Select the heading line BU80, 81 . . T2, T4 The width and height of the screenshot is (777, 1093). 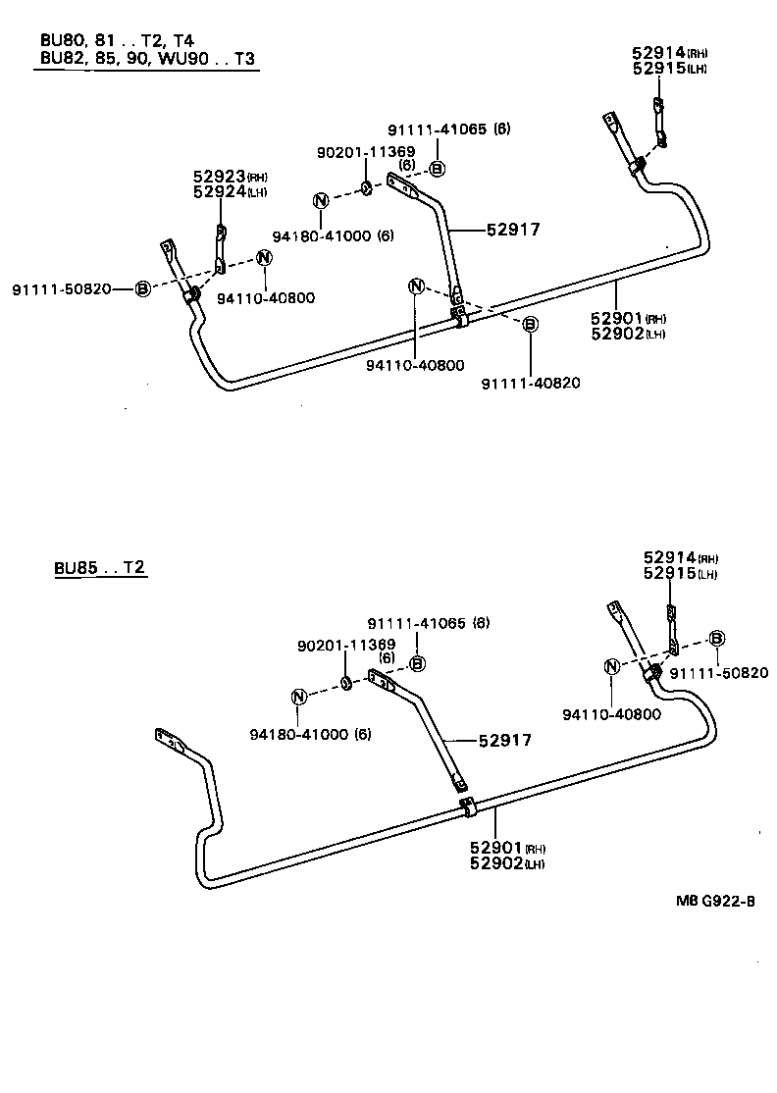click(x=117, y=40)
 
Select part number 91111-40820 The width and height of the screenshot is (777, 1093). click(x=531, y=383)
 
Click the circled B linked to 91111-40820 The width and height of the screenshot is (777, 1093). click(x=530, y=324)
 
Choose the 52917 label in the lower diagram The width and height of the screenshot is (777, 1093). click(x=504, y=740)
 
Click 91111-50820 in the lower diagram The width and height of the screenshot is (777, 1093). click(x=718, y=672)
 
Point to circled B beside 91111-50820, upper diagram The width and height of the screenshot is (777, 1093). click(x=142, y=288)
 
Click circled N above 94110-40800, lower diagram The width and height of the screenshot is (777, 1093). click(x=612, y=666)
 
